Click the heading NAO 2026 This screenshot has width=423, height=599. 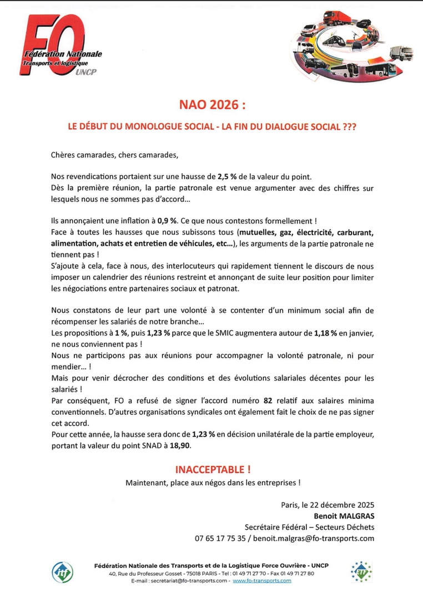211,105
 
